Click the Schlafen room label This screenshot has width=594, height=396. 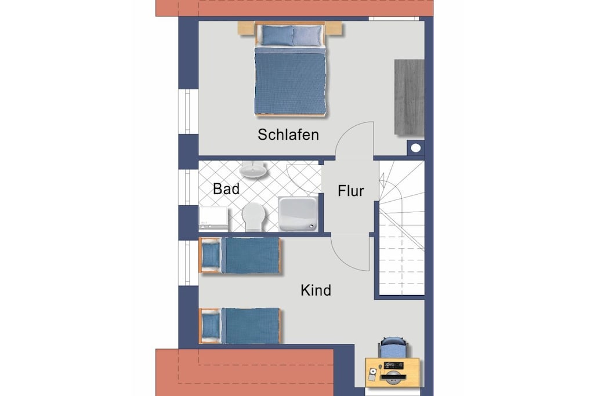coord(288,135)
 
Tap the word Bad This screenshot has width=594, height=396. coord(226,188)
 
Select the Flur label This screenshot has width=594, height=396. coord(351,191)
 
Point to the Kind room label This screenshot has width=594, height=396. coord(316,290)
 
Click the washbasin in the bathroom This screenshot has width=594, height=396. coord(253,170)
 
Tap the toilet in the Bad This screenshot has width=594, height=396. coord(253,216)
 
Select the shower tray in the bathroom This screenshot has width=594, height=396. coord(298,214)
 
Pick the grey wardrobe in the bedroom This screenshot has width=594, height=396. coord(409,97)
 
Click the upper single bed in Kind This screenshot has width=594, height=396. coord(240,255)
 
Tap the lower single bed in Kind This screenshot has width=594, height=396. coord(240,326)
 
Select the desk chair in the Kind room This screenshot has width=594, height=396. coord(393,347)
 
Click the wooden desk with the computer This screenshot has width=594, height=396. coord(393,372)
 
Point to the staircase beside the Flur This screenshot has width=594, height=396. coord(401,228)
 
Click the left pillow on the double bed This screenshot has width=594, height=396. coord(277,35)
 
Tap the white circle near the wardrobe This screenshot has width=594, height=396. coord(416,148)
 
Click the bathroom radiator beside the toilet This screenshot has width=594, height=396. coord(213,218)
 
